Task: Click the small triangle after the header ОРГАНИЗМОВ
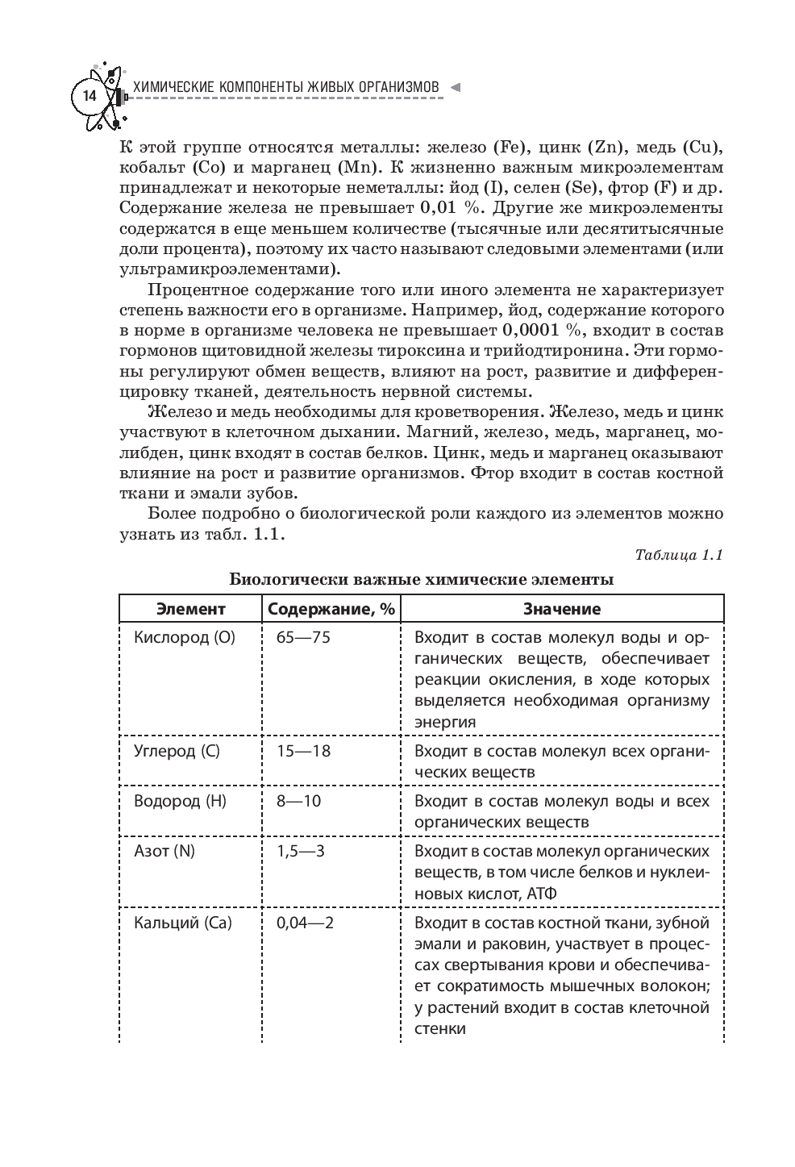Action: tap(455, 87)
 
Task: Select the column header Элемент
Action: tap(191, 609)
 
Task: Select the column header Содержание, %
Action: tap(331, 609)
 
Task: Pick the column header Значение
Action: tap(562, 609)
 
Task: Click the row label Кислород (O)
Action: tap(184, 637)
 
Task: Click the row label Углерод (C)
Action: tap(177, 751)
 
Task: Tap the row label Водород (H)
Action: tap(180, 801)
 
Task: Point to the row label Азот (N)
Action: tap(164, 851)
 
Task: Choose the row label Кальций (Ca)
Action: tap(183, 923)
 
